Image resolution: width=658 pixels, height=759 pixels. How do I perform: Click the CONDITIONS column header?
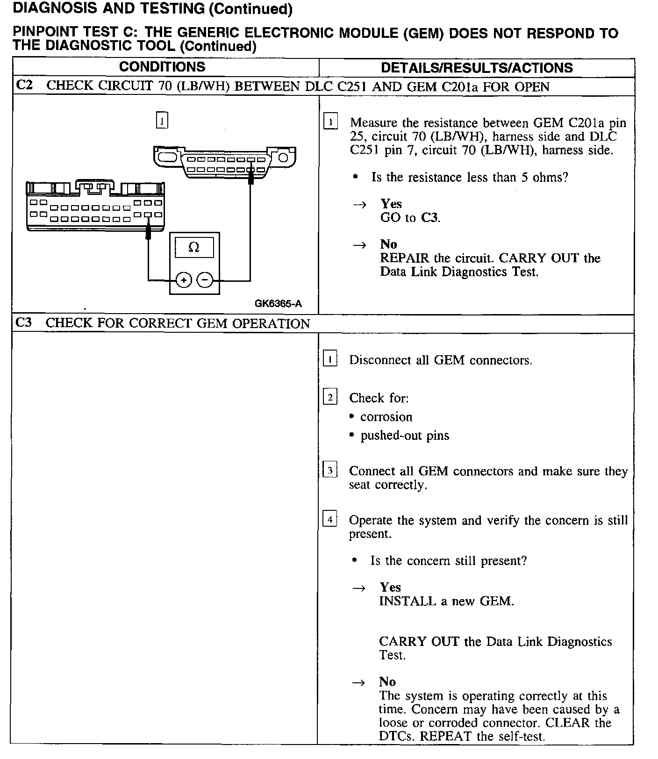(x=162, y=67)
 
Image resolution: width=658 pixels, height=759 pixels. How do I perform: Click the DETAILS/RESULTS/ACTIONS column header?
(x=476, y=68)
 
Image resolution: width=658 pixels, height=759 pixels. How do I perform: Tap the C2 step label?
(x=24, y=86)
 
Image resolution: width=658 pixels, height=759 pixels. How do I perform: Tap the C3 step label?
(x=24, y=323)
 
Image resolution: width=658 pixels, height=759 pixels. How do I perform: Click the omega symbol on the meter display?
(x=193, y=247)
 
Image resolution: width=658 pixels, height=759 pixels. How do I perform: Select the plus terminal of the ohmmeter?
(x=184, y=280)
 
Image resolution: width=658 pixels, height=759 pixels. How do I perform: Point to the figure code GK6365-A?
(x=278, y=304)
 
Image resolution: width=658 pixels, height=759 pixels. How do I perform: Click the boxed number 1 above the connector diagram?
(x=161, y=121)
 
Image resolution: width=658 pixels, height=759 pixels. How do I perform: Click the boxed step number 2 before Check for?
(x=330, y=397)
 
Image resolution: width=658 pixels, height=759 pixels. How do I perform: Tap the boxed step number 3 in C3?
(x=330, y=470)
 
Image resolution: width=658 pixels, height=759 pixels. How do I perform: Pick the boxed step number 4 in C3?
(x=330, y=519)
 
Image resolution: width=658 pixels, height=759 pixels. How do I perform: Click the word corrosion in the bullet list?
(x=386, y=417)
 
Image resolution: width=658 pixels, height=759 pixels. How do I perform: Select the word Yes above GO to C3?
(x=391, y=204)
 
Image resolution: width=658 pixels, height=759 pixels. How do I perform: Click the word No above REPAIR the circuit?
(x=388, y=244)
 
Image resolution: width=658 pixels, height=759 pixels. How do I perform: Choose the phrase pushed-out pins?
(x=405, y=436)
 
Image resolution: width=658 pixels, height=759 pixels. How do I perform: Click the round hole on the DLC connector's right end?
(x=284, y=157)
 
